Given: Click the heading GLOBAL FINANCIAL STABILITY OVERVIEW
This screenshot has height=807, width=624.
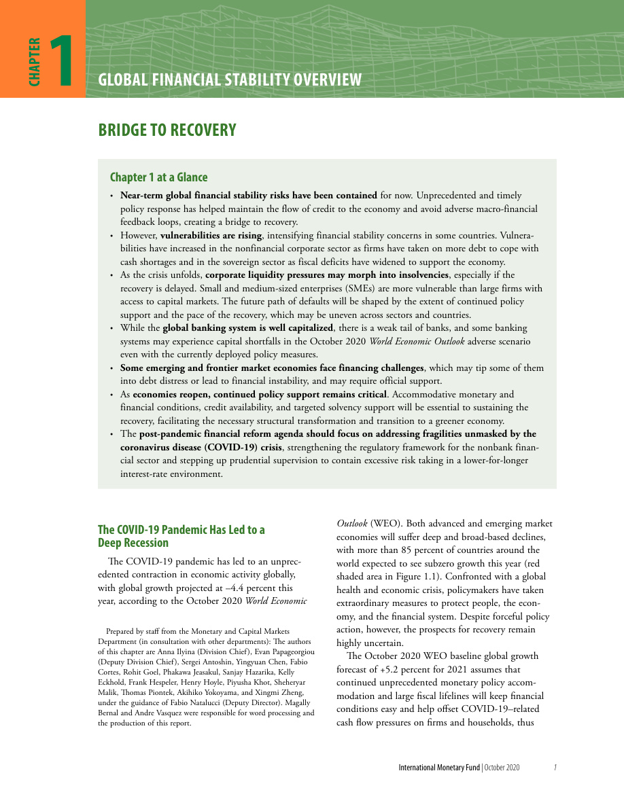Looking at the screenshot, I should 230,80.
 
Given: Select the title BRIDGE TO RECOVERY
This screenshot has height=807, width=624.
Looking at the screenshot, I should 167,130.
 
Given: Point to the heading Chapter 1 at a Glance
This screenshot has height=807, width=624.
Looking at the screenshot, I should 158,177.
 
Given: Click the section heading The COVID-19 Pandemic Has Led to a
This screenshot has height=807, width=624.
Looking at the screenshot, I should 181,529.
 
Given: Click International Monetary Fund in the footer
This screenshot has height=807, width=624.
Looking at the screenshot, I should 439,768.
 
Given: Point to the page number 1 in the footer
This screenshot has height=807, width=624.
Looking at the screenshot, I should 555,768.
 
